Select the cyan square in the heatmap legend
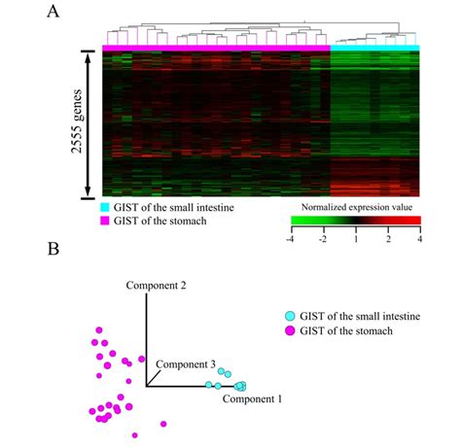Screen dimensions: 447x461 tap(105, 206)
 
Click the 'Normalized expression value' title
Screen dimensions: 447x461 tap(355, 207)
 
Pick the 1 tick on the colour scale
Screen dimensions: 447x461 tap(357, 237)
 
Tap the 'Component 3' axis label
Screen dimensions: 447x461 tap(186, 362)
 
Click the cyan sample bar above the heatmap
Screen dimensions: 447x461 tap(375, 47)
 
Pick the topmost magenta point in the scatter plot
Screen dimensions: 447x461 tap(96, 331)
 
